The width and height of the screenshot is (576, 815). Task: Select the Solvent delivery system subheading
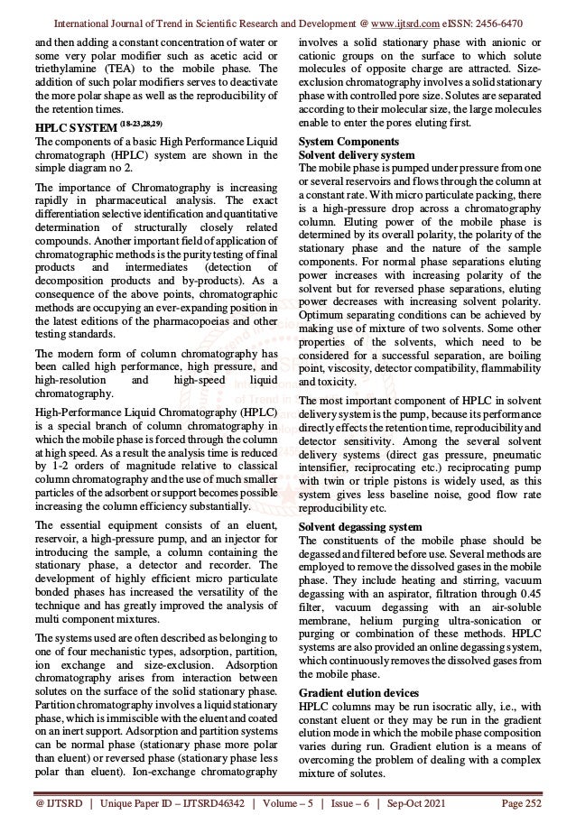357,155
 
